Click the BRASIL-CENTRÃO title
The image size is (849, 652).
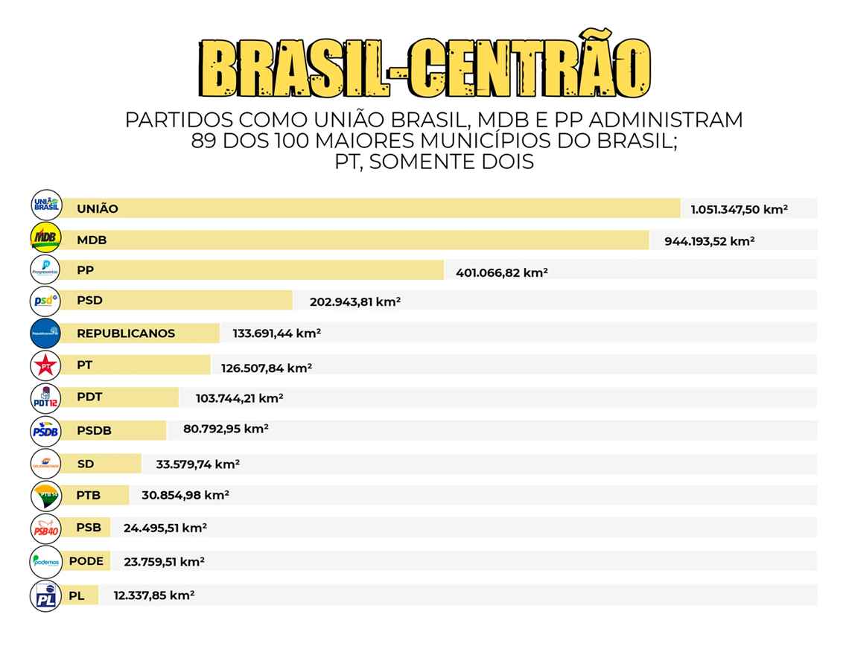[424, 68]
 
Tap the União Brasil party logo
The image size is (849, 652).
[46, 204]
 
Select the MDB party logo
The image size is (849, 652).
[46, 237]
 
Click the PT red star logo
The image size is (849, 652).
[46, 365]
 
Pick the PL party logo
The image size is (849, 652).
[46, 596]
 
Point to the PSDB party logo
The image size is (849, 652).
[46, 430]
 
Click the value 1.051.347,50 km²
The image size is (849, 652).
[739, 209]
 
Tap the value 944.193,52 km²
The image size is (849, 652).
[709, 241]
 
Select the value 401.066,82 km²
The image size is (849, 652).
[501, 272]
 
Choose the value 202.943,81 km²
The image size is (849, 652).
[354, 301]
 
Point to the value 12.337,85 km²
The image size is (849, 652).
[153, 595]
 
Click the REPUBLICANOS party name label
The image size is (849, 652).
[126, 333]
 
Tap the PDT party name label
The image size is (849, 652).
[89, 397]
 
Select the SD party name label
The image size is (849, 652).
[86, 464]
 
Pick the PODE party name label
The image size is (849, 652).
[86, 561]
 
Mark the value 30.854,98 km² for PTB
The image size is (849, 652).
[185, 495]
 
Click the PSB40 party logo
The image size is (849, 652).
[46, 529]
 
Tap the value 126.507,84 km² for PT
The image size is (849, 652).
[266, 368]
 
